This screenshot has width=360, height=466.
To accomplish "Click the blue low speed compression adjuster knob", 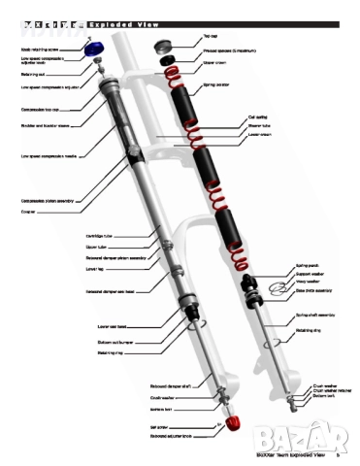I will coord(94,49).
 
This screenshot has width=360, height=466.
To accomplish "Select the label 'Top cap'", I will coord(209,36).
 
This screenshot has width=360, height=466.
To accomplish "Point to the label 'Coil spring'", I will coord(257,116).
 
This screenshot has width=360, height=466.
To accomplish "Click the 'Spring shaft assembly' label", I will coord(316,316).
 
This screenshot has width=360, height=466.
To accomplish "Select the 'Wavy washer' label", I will coord(308,281).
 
